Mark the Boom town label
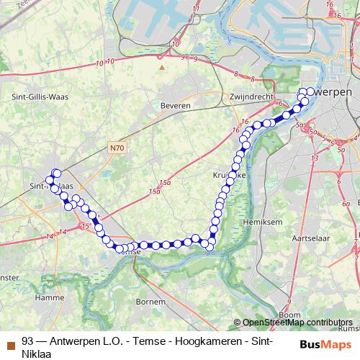coord(289,314)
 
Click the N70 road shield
coord(118,148)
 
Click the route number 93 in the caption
coord(28,341)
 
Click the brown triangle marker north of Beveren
coord(163,68)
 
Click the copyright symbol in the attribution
coord(238,323)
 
